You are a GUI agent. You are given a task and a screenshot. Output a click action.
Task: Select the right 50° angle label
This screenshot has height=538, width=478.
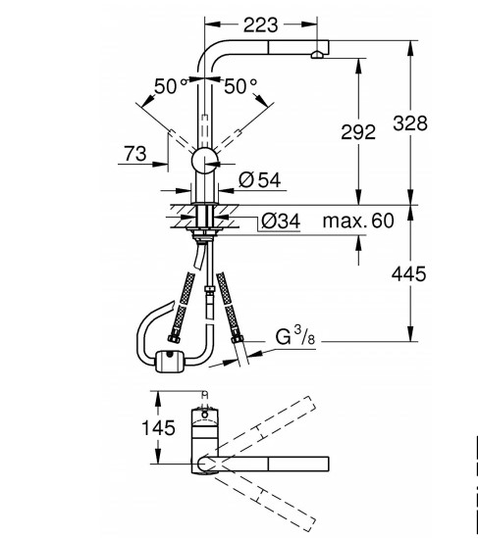click(x=240, y=85)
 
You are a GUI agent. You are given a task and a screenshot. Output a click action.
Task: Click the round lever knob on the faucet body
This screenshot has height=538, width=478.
click(x=206, y=163)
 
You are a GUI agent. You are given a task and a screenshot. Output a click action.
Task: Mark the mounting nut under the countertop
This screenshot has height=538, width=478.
click(x=206, y=234)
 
